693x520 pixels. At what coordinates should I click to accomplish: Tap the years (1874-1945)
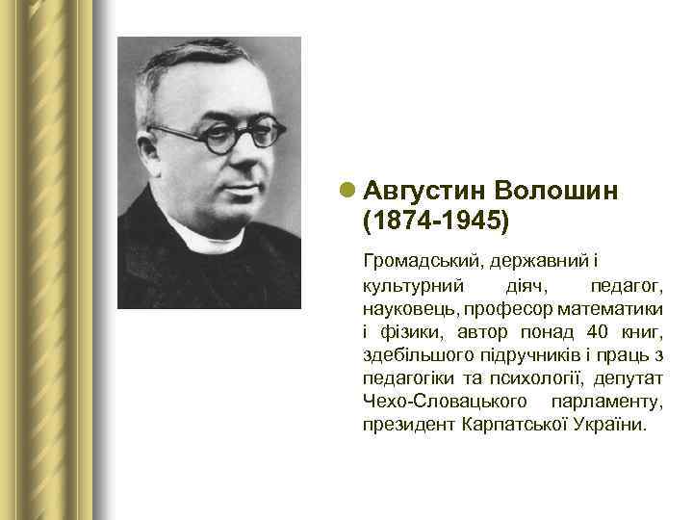coord(434,221)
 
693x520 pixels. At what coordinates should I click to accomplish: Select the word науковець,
coord(409,310)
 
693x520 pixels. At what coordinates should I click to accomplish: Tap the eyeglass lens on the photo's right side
coord(261,134)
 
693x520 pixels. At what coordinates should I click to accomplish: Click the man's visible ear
coord(157,143)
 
